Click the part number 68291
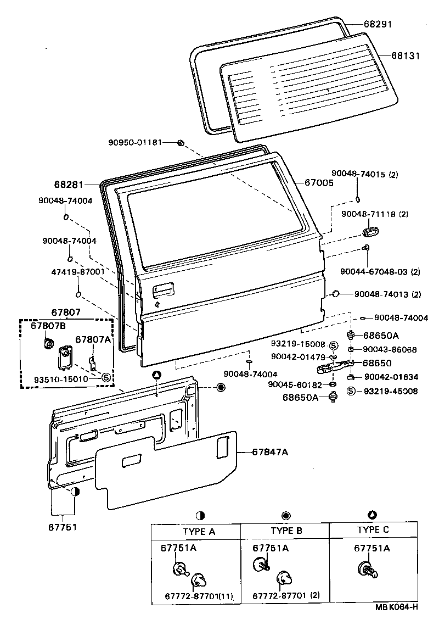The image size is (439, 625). tap(380, 25)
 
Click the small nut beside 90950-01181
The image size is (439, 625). tap(180, 143)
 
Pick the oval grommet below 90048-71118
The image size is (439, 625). tap(370, 230)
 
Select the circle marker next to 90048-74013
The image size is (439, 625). tap(336, 294)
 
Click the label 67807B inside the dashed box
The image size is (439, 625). tap(47, 326)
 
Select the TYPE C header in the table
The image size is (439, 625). tap(372, 530)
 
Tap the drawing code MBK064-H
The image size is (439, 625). tap(397, 607)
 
